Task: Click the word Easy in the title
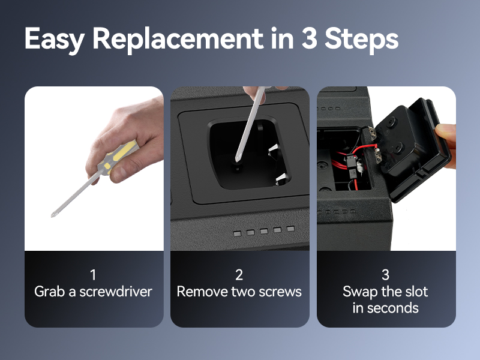pyautogui.click(x=55, y=39)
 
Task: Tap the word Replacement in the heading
pyautogui.click(x=178, y=39)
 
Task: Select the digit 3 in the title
pyautogui.click(x=309, y=38)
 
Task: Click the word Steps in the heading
pyautogui.click(x=362, y=39)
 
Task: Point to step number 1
pyautogui.click(x=94, y=275)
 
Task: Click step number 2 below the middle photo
pyautogui.click(x=239, y=275)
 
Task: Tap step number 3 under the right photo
pyautogui.click(x=386, y=275)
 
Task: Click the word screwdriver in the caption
pyautogui.click(x=116, y=292)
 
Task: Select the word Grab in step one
pyautogui.click(x=50, y=292)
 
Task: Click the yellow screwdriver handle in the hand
pyautogui.click(x=118, y=158)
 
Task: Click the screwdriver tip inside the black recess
pyautogui.click(x=236, y=159)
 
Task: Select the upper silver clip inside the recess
pyautogui.click(x=274, y=149)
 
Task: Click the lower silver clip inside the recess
pyautogui.click(x=281, y=179)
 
